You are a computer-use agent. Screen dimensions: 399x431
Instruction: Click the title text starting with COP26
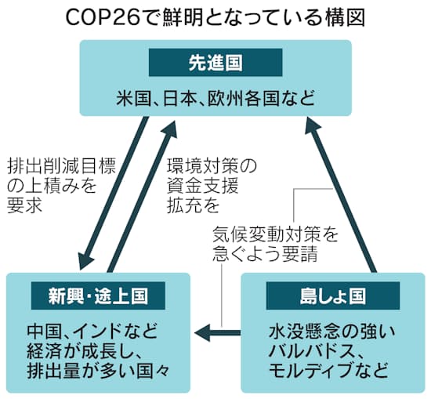(x=215, y=16)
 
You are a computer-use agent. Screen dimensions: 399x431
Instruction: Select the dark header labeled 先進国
(x=215, y=61)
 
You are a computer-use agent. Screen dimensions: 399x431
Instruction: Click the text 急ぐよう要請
(x=266, y=253)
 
